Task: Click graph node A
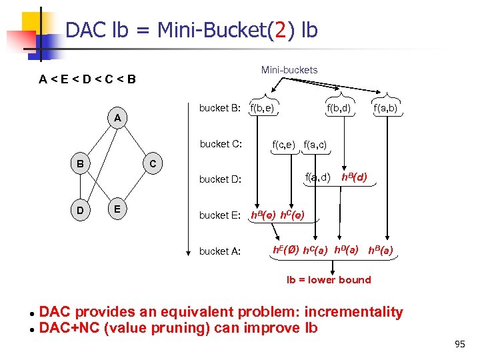117,118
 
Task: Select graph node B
79,163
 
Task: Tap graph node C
153,164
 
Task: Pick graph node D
79,210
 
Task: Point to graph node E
117,209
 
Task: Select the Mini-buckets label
289,70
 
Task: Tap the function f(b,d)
338,108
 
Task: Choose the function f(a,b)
386,108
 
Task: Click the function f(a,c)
315,143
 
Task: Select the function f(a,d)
317,177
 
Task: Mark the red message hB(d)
354,177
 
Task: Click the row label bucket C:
220,143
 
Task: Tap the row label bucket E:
220,215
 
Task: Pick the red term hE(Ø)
286,250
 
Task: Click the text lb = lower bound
329,280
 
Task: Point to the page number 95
459,344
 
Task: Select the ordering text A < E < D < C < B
87,80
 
